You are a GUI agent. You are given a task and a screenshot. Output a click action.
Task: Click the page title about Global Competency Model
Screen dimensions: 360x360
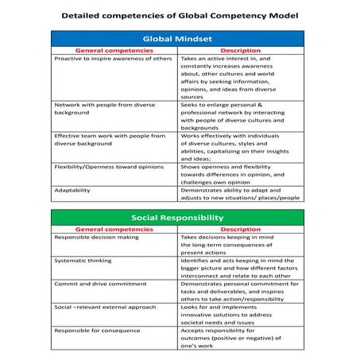(180, 15)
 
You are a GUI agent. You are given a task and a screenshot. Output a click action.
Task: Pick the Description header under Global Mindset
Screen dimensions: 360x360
(241, 50)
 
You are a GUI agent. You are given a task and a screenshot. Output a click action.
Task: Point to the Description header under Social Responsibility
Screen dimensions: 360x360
(241, 229)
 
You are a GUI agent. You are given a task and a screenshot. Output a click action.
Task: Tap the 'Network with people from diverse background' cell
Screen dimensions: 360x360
(104, 110)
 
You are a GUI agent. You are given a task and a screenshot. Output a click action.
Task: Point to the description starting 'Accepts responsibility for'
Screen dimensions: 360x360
(231, 337)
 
